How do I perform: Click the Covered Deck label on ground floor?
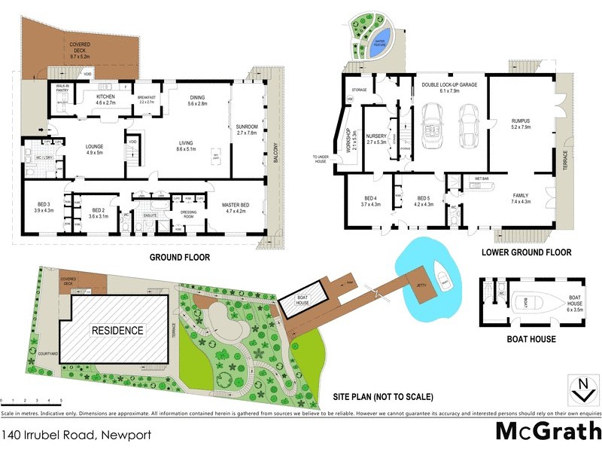pyautogui.click(x=80, y=50)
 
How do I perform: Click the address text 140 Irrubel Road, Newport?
pyautogui.click(x=77, y=435)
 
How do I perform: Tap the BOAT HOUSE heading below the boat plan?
pyautogui.click(x=532, y=339)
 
